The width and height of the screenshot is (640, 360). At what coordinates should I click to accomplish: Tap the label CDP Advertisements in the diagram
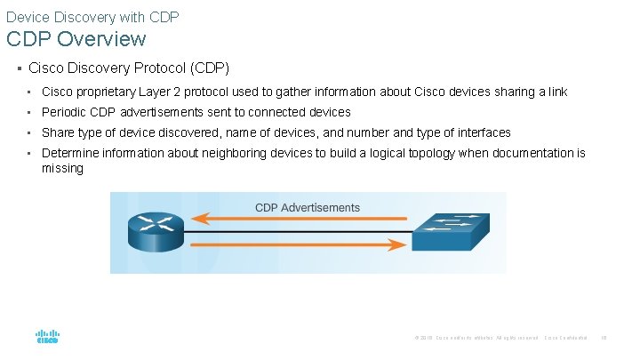tap(308, 207)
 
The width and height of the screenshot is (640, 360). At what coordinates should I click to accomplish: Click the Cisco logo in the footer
tap(47, 338)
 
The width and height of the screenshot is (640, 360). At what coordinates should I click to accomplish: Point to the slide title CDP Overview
tap(76, 39)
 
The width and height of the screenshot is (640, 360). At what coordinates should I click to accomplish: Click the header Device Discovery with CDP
tap(92, 15)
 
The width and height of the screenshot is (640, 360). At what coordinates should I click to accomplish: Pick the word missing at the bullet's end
tap(62, 168)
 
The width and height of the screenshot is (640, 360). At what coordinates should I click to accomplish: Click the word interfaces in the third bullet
tap(483, 132)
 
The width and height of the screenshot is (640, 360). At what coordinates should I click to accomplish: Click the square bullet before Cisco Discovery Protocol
tap(19, 68)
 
